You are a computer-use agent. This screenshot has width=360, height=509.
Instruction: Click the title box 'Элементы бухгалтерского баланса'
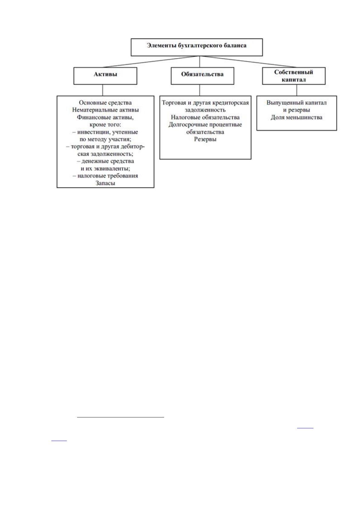pyautogui.click(x=196, y=47)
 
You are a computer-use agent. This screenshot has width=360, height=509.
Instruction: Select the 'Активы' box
pyautogui.click(x=105, y=76)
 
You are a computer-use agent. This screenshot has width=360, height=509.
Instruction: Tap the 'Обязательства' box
pyautogui.click(x=202, y=76)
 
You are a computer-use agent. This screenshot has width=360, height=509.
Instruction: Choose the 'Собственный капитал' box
pyautogui.click(x=294, y=76)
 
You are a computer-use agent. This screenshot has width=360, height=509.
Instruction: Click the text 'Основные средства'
pyautogui.click(x=105, y=103)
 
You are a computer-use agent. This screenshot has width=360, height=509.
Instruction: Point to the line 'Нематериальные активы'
pyautogui.click(x=105, y=110)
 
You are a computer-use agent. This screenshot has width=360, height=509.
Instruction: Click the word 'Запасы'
pyautogui.click(x=105, y=183)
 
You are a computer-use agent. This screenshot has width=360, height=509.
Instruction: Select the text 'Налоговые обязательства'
pyautogui.click(x=205, y=118)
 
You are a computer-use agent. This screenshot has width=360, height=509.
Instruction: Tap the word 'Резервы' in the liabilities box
pyautogui.click(x=205, y=139)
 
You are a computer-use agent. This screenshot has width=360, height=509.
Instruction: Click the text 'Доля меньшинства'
pyautogui.click(x=296, y=118)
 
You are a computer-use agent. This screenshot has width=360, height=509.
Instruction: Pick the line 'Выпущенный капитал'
pyautogui.click(x=296, y=103)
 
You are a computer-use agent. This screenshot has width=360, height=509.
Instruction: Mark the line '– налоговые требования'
pyautogui.click(x=105, y=176)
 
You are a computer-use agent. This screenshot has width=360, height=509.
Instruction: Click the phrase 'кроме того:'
pyautogui.click(x=105, y=125)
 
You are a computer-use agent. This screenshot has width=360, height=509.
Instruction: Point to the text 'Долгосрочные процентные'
pyautogui.click(x=205, y=125)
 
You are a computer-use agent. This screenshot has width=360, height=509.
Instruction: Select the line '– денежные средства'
pyautogui.click(x=105, y=161)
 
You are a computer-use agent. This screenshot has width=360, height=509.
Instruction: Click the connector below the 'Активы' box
pyautogui.click(x=103, y=90)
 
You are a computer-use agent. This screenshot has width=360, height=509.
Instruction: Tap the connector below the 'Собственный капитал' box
pyautogui.click(x=297, y=90)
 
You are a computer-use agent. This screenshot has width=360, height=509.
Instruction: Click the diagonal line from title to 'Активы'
pyautogui.click(x=151, y=62)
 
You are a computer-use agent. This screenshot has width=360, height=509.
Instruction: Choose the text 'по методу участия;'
pyautogui.click(x=105, y=139)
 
